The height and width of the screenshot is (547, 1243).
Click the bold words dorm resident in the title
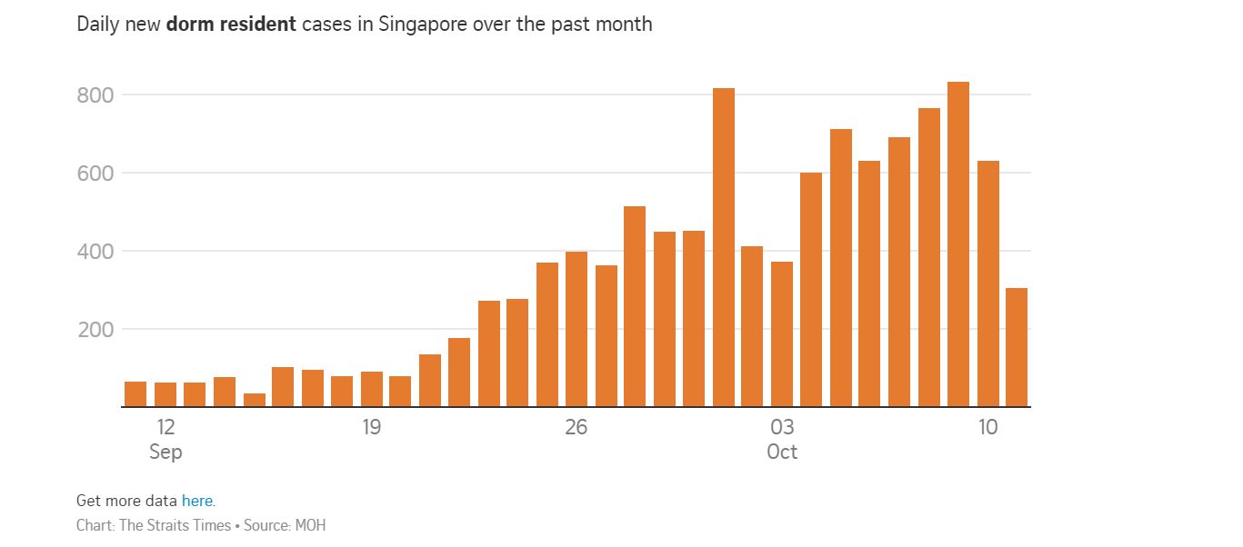click(x=231, y=25)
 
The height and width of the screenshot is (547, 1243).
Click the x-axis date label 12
click(x=165, y=427)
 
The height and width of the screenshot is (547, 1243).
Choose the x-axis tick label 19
click(x=371, y=427)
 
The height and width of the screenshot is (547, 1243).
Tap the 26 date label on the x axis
click(x=576, y=427)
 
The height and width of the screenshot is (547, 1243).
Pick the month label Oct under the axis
click(x=782, y=452)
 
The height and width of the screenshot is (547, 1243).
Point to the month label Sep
click(x=165, y=452)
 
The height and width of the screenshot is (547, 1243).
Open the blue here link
click(x=197, y=501)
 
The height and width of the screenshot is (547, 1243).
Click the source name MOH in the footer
click(x=310, y=525)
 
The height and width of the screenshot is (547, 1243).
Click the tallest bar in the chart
click(x=958, y=245)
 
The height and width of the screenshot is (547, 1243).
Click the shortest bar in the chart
click(x=255, y=400)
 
